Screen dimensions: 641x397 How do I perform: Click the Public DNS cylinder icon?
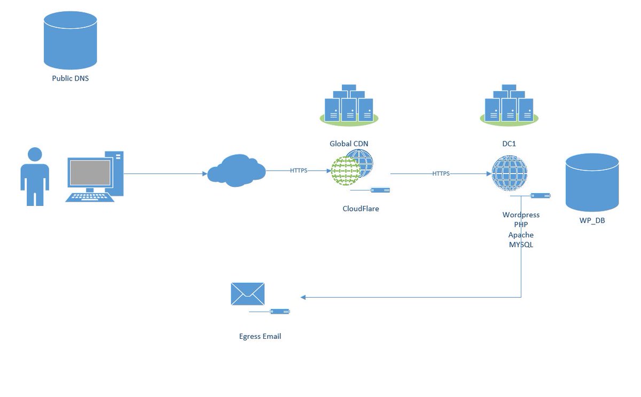coord(70,40)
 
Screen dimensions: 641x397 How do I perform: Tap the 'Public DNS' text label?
coord(70,78)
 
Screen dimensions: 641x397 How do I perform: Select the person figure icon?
coord(35,176)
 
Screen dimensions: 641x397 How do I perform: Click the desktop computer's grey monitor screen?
coord(90,172)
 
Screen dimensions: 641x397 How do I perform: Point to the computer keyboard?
coord(90,197)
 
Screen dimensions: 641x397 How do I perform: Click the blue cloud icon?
coord(236,170)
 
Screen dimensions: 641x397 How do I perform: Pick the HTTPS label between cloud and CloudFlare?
coord(299,170)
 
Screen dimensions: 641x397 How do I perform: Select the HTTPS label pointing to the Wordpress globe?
coord(441,173)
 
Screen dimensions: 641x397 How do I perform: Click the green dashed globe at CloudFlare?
coord(346,171)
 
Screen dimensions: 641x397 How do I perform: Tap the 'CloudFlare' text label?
coord(361,209)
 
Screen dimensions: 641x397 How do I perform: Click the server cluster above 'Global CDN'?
coord(349,105)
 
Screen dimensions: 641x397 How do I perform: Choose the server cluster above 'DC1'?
coord(509,105)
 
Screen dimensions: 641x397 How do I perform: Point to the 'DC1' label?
coord(509,144)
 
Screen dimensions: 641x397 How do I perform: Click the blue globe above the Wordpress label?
coord(510,173)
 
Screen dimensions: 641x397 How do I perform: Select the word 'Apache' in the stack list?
coord(521,235)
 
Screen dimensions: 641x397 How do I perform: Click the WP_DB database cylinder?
coord(592,182)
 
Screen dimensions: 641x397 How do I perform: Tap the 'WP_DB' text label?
coord(592,220)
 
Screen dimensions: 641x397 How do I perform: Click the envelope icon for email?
coord(247,294)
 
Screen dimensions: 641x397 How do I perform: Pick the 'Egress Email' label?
coord(260,336)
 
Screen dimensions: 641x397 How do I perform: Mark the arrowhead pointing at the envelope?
coord(303,297)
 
